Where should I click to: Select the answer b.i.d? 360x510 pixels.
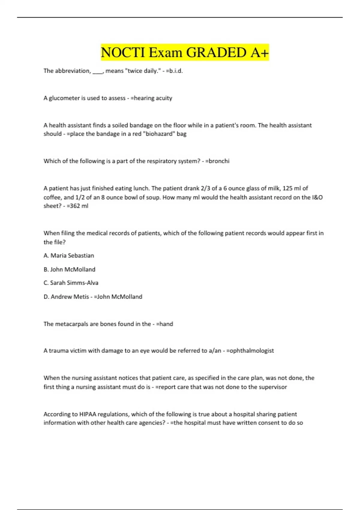pyautogui.click(x=176, y=71)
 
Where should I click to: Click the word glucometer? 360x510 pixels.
pyautogui.click(x=64, y=98)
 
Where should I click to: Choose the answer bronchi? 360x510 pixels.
pyautogui.click(x=219, y=161)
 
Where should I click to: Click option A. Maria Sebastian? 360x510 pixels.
pyautogui.click(x=69, y=256)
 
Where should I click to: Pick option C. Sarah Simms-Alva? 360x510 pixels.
pyautogui.click(x=71, y=283)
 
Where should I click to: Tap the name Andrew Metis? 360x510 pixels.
pyautogui.click(x=70, y=297)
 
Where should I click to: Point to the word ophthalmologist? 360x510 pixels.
pyautogui.click(x=252, y=351)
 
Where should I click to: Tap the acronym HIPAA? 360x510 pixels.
pyautogui.click(x=87, y=414)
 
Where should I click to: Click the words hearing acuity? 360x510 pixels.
pyautogui.click(x=153, y=98)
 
